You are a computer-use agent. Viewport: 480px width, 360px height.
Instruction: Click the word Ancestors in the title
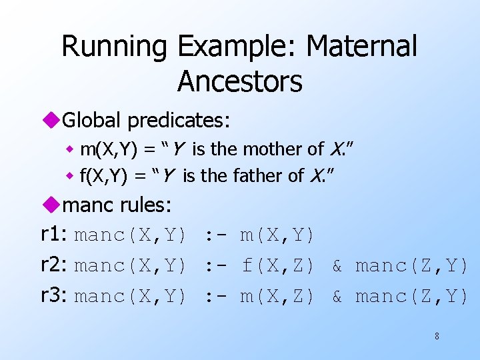(x=240, y=82)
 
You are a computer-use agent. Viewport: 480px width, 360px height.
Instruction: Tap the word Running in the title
(x=115, y=47)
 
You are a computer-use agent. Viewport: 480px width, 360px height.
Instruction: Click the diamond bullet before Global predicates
(x=51, y=121)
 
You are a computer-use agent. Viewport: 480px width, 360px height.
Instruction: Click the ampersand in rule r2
(x=337, y=266)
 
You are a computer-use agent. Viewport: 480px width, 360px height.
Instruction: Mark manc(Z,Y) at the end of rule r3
(x=411, y=296)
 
